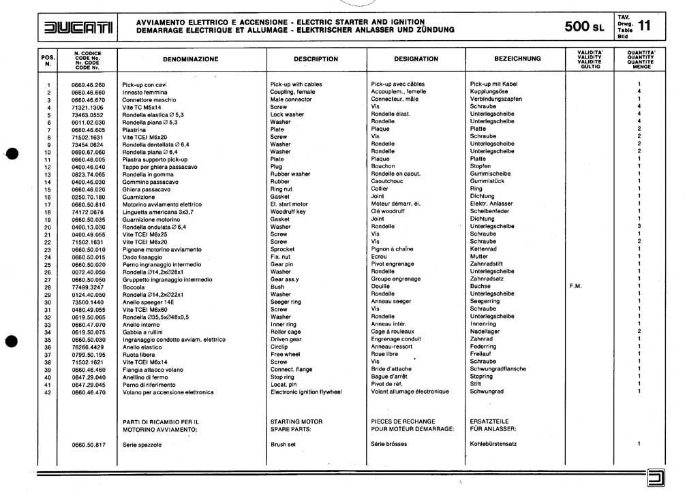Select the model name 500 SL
tap(584, 27)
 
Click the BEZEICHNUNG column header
tap(517, 59)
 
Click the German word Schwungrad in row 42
tap(487, 392)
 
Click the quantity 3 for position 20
tap(639, 227)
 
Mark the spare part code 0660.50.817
tap(89, 444)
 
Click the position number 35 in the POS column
tap(48, 339)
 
